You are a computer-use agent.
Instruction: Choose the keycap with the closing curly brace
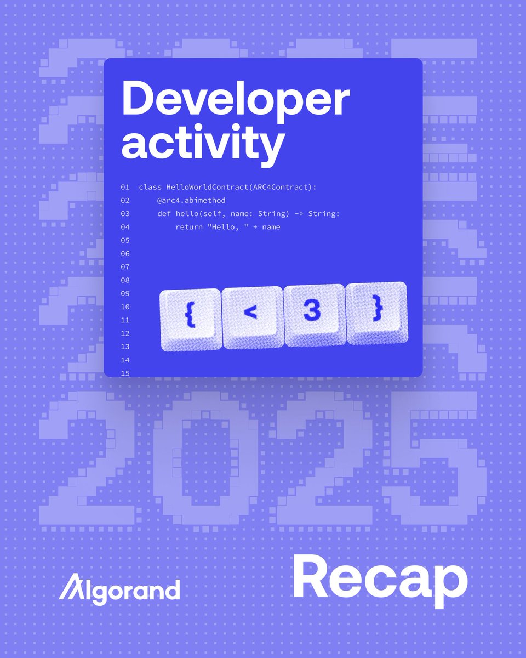(377, 312)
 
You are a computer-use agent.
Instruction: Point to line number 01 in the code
(125, 188)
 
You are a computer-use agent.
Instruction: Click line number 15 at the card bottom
(125, 373)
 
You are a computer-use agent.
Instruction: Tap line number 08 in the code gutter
(125, 280)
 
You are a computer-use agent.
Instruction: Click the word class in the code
(150, 188)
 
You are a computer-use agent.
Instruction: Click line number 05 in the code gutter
(125, 240)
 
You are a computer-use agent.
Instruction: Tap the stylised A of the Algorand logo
(70, 588)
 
